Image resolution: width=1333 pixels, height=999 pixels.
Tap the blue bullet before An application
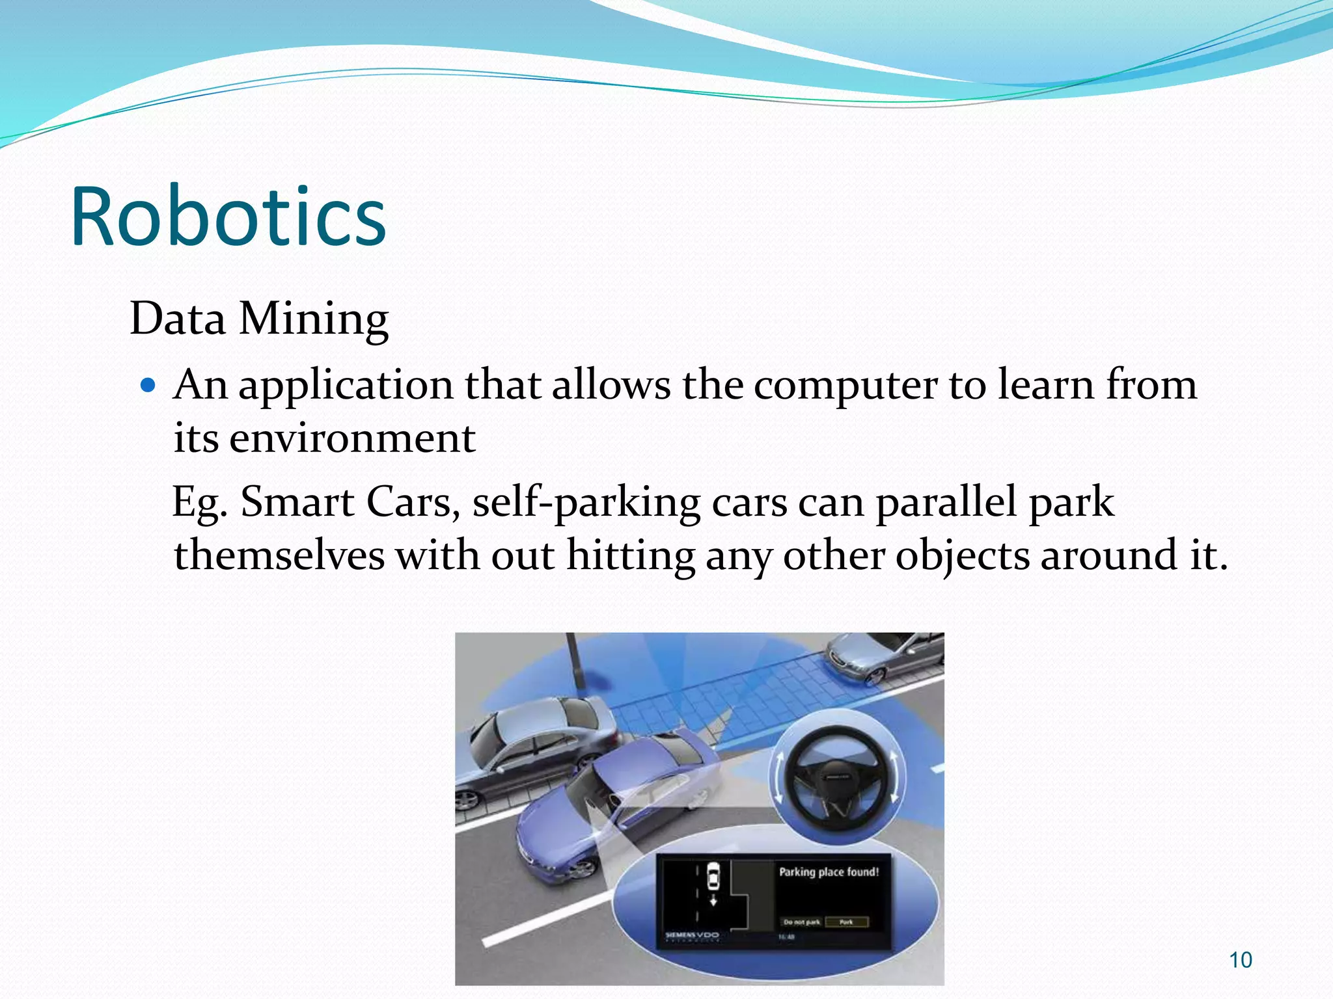click(x=149, y=385)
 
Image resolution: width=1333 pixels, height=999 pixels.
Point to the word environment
click(x=351, y=438)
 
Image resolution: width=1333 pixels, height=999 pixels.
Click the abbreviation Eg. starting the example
click(x=199, y=503)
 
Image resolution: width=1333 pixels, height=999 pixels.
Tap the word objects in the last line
click(x=962, y=555)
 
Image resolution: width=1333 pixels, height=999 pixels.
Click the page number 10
click(x=1240, y=960)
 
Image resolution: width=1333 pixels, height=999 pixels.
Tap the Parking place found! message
click(x=829, y=872)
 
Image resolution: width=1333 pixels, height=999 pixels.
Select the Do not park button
click(x=801, y=922)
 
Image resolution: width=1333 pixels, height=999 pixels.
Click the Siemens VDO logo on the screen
click(x=691, y=935)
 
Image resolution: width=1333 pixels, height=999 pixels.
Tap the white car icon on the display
click(x=713, y=876)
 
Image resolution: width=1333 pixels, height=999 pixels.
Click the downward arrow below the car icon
click(x=713, y=900)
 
